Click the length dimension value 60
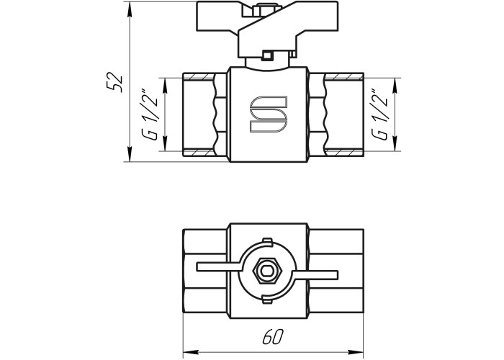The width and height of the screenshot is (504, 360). pos(273,337)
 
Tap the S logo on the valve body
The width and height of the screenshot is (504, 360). pos(268,114)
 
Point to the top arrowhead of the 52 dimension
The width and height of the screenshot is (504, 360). pos(130,9)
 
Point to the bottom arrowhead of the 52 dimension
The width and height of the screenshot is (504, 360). pos(130,153)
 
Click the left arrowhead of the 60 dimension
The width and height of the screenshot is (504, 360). pos(191,351)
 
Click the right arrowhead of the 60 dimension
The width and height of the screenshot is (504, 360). pos(356,351)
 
